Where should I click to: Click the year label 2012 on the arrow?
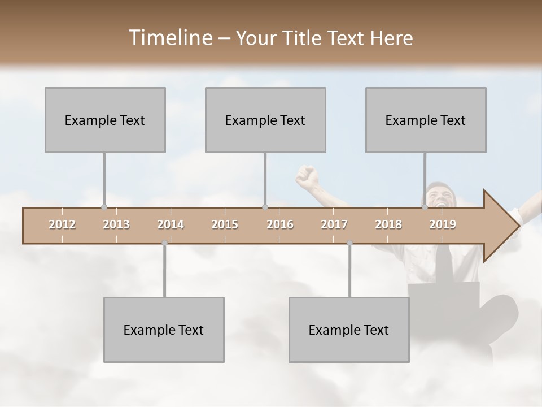pos(62,224)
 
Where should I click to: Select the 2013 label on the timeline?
pos(116,224)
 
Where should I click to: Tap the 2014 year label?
pos(171,224)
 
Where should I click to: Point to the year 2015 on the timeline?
pos(225,224)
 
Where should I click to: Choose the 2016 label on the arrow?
pos(280,224)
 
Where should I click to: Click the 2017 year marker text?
pos(334,224)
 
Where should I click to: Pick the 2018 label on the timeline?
pos(388,224)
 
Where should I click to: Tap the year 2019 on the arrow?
pos(443,224)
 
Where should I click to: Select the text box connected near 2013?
pos(105,120)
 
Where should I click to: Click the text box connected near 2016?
pos(265,120)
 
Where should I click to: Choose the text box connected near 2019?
pos(426,120)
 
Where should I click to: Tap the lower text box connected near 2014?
pos(164,330)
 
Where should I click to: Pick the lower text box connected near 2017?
pos(349,330)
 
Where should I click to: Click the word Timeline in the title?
pos(169,38)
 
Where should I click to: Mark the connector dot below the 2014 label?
pos(164,243)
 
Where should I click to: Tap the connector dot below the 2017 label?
pos(349,243)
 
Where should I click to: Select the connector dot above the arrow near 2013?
pos(104,207)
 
